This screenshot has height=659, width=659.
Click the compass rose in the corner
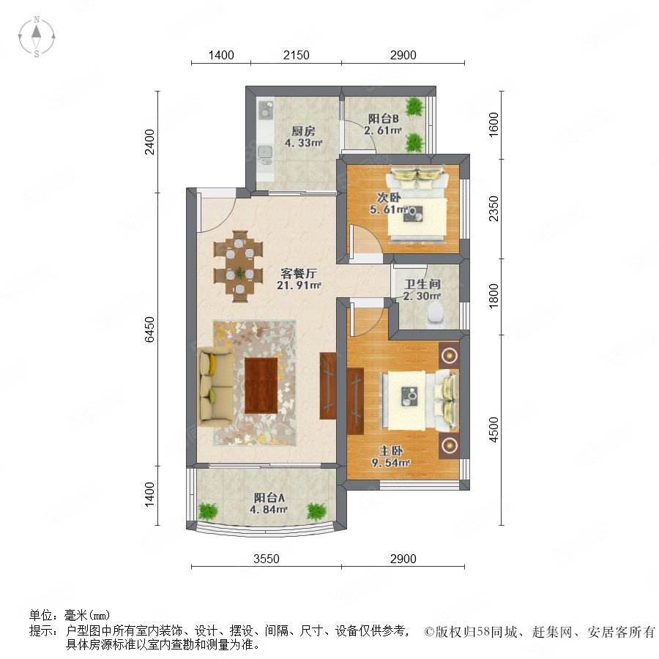pyautogui.click(x=37, y=37)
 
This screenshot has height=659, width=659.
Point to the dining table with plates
pyautogui.click(x=239, y=266)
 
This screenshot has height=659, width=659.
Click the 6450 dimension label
pyautogui.click(x=149, y=329)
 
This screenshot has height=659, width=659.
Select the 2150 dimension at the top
pyautogui.click(x=297, y=55)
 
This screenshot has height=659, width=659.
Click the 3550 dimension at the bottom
pyautogui.click(x=267, y=559)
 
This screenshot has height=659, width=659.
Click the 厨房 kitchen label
pyautogui.click(x=303, y=131)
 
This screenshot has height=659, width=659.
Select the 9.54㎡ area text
pyautogui.click(x=391, y=463)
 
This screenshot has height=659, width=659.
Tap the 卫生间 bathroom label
pyautogui.click(x=422, y=284)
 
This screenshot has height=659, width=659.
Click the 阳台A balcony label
pyautogui.click(x=269, y=498)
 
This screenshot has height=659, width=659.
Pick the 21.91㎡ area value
pyautogui.click(x=299, y=286)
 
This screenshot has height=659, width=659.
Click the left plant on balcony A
pyautogui.click(x=208, y=512)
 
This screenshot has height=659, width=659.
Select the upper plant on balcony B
pyautogui.click(x=415, y=107)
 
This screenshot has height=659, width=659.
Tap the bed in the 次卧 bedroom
pyautogui.click(x=417, y=205)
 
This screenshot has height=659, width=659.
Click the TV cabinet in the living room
pyautogui.click(x=328, y=385)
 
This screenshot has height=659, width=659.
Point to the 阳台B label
pyautogui.click(x=383, y=119)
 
